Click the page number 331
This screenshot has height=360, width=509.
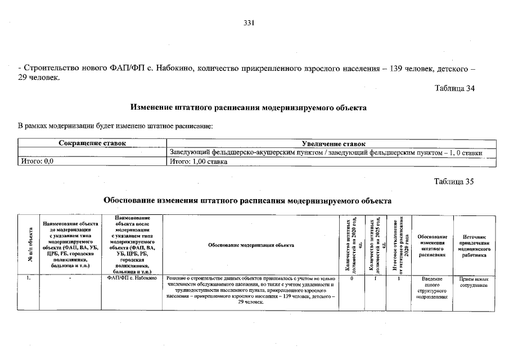(x=250, y=23)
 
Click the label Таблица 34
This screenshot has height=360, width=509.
(x=454, y=88)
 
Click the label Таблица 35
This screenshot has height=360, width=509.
(x=454, y=182)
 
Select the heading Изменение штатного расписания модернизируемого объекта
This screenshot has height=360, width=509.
(x=249, y=107)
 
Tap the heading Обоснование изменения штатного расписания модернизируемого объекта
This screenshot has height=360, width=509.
(x=248, y=200)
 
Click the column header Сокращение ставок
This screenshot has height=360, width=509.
(x=92, y=144)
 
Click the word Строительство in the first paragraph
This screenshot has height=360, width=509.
(x=47, y=69)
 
